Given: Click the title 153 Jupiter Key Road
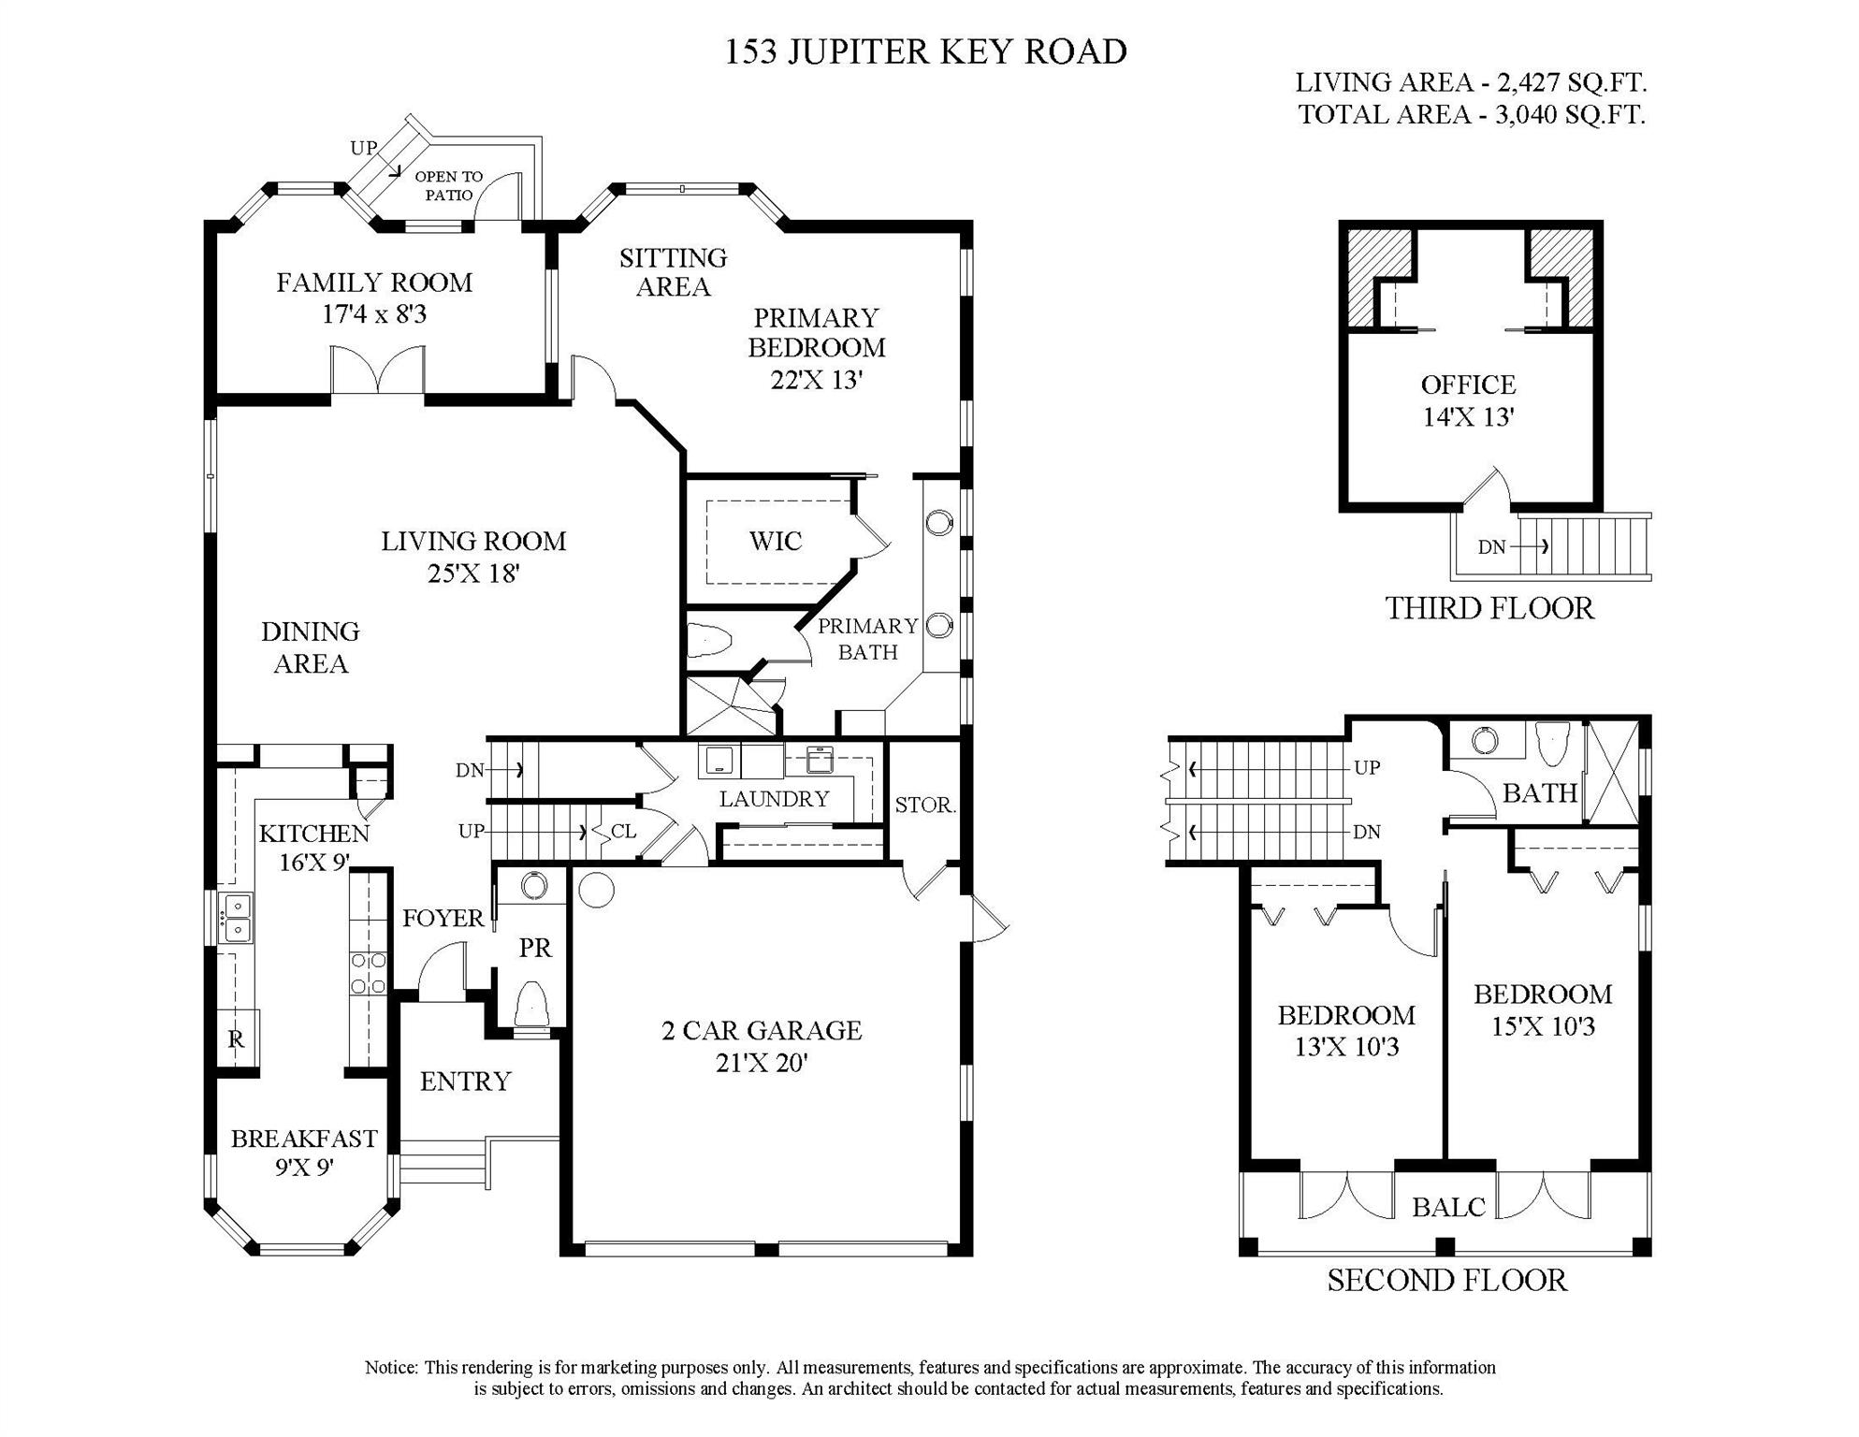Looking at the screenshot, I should click(925, 51).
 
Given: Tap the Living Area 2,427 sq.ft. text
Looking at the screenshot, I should click(1470, 82).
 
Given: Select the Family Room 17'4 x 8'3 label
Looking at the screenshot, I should click(374, 298).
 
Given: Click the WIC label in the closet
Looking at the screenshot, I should click(776, 541).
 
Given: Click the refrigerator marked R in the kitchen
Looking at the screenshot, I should click(237, 1038).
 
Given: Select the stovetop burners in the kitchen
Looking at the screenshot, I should click(369, 973).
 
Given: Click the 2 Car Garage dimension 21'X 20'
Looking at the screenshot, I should click(762, 1063).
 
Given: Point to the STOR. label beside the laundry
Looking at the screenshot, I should click(924, 805).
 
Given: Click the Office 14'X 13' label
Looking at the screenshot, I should click(1468, 400).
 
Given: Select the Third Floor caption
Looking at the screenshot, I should click(1489, 608).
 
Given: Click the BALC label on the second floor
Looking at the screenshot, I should click(1448, 1208).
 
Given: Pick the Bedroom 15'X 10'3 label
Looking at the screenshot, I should click(1543, 1009).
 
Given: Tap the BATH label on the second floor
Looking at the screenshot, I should click(1540, 793).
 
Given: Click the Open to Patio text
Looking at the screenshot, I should click(449, 185).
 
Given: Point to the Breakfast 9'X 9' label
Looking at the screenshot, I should click(304, 1153).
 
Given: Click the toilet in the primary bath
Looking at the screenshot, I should click(709, 641).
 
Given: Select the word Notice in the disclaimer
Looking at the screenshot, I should click(391, 1368).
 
